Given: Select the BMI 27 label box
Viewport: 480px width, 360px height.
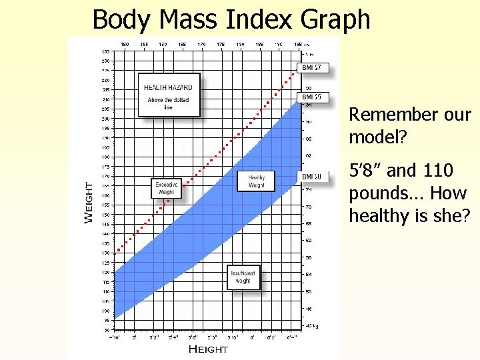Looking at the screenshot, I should tap(312, 67).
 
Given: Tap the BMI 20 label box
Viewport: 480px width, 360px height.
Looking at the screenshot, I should tap(312, 177).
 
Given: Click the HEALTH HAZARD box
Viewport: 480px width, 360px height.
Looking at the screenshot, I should tap(169, 95).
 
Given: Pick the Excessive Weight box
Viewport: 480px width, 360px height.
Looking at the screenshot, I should tap(166, 189).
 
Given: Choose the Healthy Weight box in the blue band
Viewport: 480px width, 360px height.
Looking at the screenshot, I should tap(257, 181).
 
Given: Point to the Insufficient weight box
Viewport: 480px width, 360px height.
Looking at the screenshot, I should tap(243, 277).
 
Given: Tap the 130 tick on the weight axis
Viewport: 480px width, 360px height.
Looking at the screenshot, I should tap(105, 253).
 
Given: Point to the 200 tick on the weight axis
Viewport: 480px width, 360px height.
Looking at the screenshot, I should tap(105, 119).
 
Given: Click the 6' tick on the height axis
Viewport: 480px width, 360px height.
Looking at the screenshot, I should tap(252, 337).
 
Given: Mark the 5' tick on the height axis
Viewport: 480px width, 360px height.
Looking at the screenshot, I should tap(134, 337).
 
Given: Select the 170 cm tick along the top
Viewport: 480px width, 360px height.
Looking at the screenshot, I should tap(201, 45).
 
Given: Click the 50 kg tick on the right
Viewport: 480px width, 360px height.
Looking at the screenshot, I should tap(309, 291).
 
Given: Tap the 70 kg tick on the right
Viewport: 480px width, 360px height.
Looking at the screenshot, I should tap(309, 207).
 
